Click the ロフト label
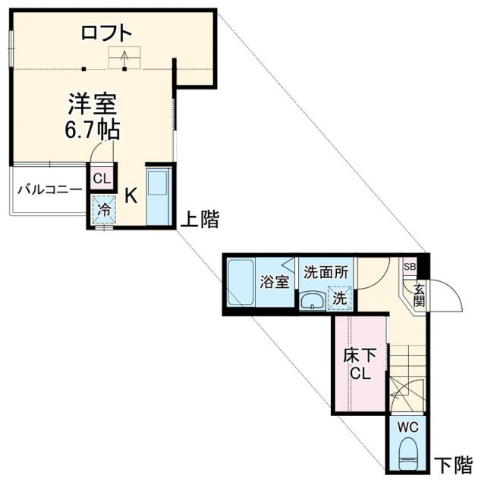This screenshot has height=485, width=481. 107,33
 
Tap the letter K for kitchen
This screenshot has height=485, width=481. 130,196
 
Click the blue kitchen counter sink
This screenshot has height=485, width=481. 159,195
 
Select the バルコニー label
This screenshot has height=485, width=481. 49,189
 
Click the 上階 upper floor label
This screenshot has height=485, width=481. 200,220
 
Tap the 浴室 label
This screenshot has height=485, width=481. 274,283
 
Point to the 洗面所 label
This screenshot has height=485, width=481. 326,272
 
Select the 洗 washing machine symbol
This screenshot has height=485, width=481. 339,298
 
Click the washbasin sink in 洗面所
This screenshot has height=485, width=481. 311,302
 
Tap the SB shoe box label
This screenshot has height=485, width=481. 410,267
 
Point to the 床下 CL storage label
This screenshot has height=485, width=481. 360,363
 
